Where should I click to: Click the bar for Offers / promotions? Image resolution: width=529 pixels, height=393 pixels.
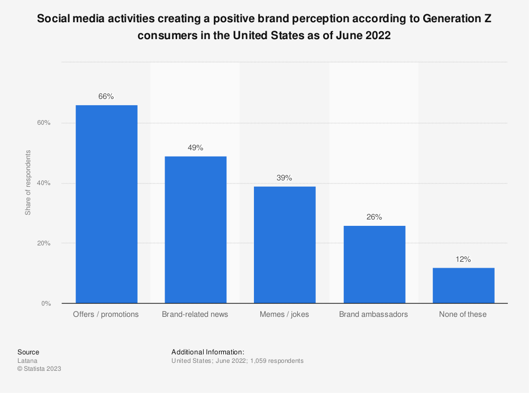(106, 204)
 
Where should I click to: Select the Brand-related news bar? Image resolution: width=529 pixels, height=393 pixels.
(195, 230)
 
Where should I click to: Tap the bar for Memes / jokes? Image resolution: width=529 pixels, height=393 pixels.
(285, 245)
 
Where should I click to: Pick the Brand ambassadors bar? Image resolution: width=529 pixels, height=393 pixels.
(374, 264)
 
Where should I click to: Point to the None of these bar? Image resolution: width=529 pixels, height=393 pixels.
(463, 286)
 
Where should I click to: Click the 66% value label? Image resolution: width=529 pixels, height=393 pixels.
(106, 97)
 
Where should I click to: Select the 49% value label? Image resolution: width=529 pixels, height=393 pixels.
(195, 148)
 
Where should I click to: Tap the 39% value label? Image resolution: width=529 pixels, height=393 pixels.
(285, 178)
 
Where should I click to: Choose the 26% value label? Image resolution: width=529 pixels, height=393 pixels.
(374, 217)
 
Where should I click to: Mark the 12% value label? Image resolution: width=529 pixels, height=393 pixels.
(463, 260)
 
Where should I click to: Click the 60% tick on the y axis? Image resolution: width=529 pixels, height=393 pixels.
(44, 123)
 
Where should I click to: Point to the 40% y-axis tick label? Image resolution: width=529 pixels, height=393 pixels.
(44, 184)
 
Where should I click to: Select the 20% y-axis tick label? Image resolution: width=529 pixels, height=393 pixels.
(44, 244)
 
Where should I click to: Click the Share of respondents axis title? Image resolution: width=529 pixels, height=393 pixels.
(28, 183)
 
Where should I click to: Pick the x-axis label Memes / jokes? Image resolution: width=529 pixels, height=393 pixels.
(285, 314)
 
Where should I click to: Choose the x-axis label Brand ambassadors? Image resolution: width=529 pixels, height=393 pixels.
(374, 314)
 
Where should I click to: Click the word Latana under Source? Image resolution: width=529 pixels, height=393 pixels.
(26, 361)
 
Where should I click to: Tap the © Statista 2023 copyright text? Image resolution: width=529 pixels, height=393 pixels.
(39, 369)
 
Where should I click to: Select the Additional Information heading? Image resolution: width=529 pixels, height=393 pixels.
(208, 352)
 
